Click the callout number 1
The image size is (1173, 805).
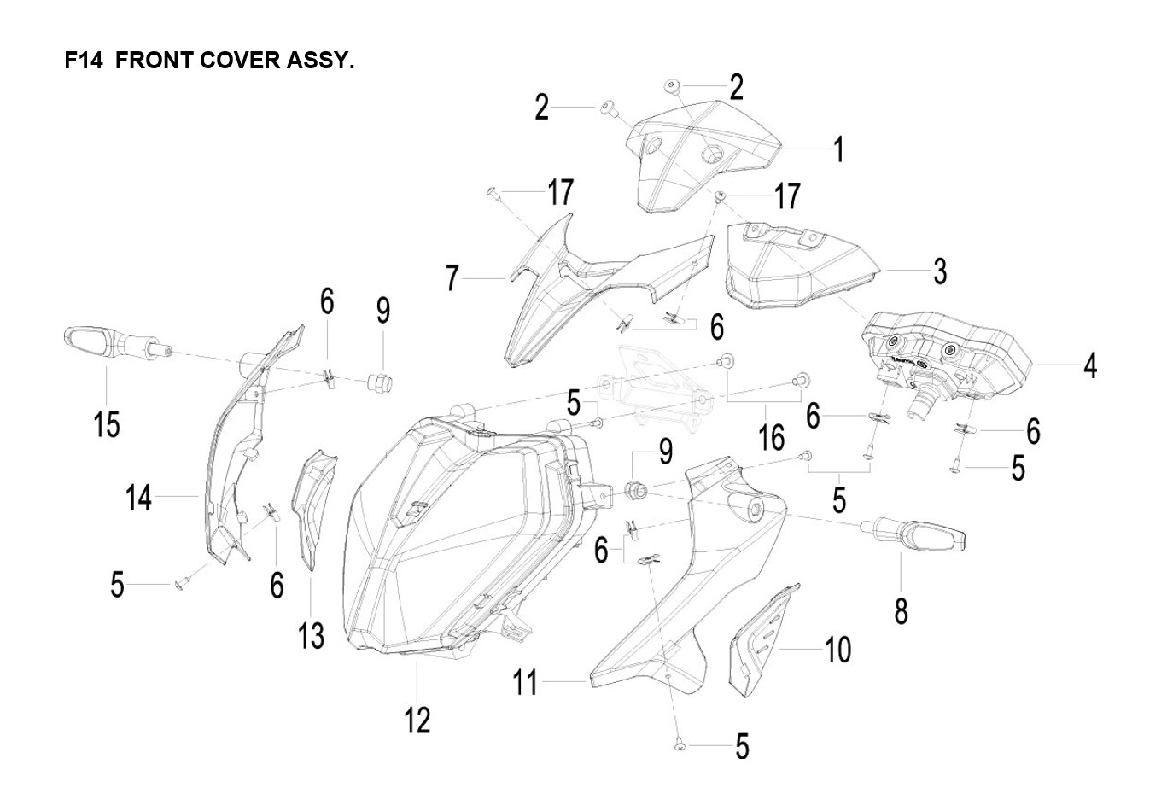839,149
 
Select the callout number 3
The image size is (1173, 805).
940,271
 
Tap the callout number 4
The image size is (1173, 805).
1090,365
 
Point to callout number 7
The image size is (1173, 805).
453,278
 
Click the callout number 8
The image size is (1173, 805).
902,610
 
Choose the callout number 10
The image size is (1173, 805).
838,650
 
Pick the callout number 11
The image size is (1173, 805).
526,683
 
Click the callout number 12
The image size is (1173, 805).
417,720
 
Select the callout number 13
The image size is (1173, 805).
312,635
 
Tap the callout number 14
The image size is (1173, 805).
139,497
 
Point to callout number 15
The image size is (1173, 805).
108,423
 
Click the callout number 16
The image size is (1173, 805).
772,438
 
